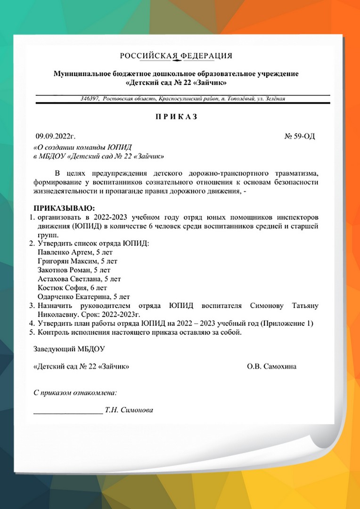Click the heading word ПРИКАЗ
(x=176, y=116)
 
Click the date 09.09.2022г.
(x=56, y=137)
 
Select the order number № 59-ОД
(x=300, y=137)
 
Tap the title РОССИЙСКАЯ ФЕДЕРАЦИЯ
(x=176, y=56)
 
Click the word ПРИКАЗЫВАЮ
(x=64, y=208)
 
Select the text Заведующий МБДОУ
(x=69, y=349)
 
